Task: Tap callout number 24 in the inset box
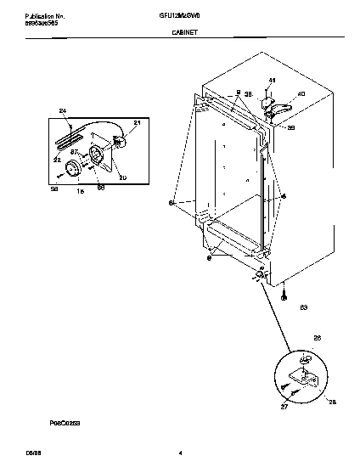62,112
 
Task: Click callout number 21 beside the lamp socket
137,124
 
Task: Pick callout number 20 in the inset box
122,177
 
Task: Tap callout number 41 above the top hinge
272,81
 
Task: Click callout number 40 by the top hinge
301,94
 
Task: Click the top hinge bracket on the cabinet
273,107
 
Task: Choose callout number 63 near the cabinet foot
303,307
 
